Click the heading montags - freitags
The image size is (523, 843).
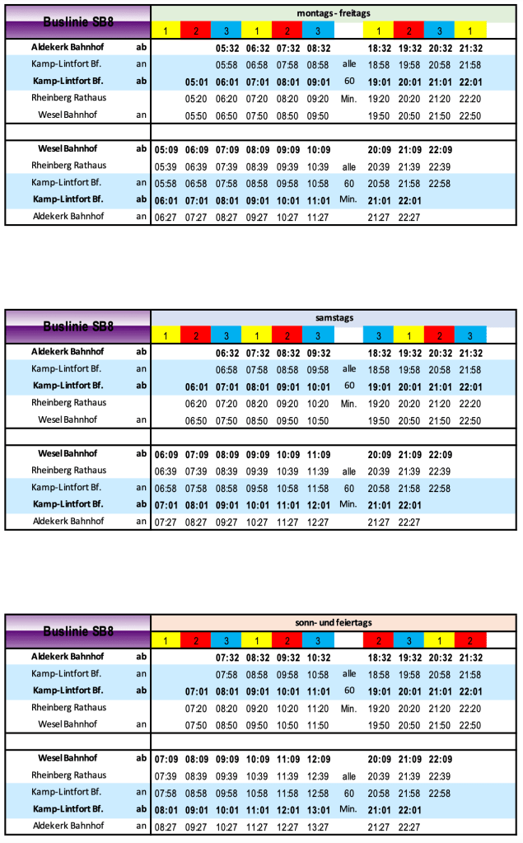(x=333, y=12)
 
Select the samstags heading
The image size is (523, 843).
(x=333, y=317)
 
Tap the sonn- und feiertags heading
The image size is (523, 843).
(x=333, y=622)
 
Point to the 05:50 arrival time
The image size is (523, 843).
(x=196, y=115)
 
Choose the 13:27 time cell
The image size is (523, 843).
(x=318, y=827)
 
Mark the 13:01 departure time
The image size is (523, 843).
(x=318, y=810)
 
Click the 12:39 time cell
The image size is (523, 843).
(x=318, y=775)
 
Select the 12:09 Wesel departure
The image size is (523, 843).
(x=318, y=759)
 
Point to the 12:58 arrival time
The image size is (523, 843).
(x=318, y=793)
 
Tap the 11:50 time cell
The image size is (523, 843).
(x=318, y=724)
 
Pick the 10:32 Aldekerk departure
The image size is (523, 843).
(x=318, y=658)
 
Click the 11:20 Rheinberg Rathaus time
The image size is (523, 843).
(x=318, y=708)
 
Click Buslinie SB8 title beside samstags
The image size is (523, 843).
(x=78, y=326)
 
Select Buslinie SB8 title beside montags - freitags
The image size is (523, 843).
(x=78, y=22)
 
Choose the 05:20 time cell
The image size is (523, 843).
(x=196, y=98)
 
